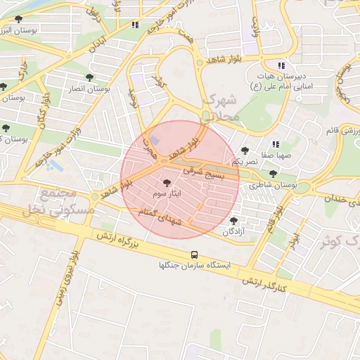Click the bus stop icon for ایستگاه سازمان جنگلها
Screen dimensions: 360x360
tap(194, 255)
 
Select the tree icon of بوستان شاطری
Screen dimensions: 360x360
tap(273, 174)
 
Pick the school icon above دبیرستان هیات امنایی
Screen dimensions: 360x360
tap(281, 65)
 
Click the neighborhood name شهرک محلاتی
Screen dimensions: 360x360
tap(222, 110)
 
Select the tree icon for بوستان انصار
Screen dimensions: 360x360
tap(89, 77)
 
